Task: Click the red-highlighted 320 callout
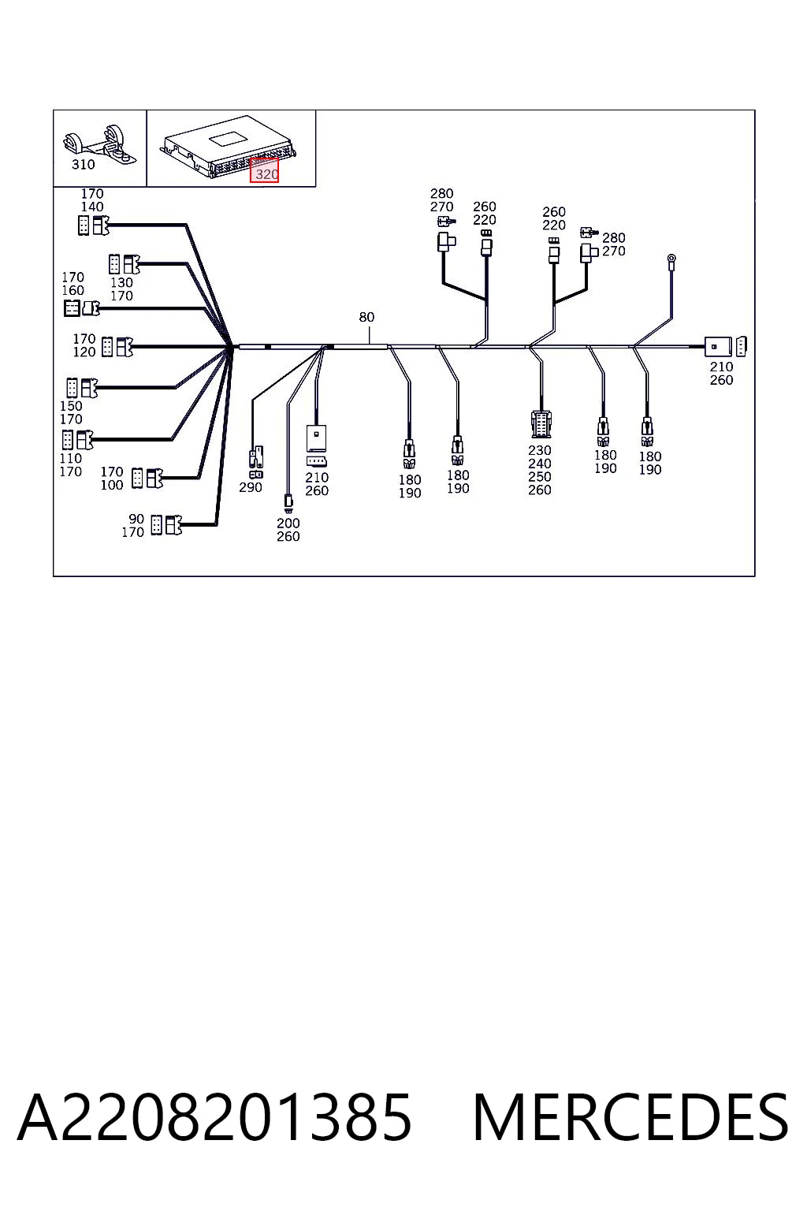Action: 264,171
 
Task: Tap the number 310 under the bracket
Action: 84,165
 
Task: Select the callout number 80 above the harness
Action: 366,317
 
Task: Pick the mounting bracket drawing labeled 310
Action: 99,143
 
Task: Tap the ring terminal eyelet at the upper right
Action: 671,261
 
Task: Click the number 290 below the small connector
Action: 251,487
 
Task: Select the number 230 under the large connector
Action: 539,450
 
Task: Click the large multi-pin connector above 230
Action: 541,424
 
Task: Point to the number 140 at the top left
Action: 92,207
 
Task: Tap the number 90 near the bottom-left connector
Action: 136,519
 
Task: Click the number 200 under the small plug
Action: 288,524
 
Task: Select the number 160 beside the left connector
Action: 73,290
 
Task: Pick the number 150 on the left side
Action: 71,406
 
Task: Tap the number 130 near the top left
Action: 121,283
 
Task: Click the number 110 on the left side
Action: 71,458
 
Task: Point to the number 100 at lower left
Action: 112,485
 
